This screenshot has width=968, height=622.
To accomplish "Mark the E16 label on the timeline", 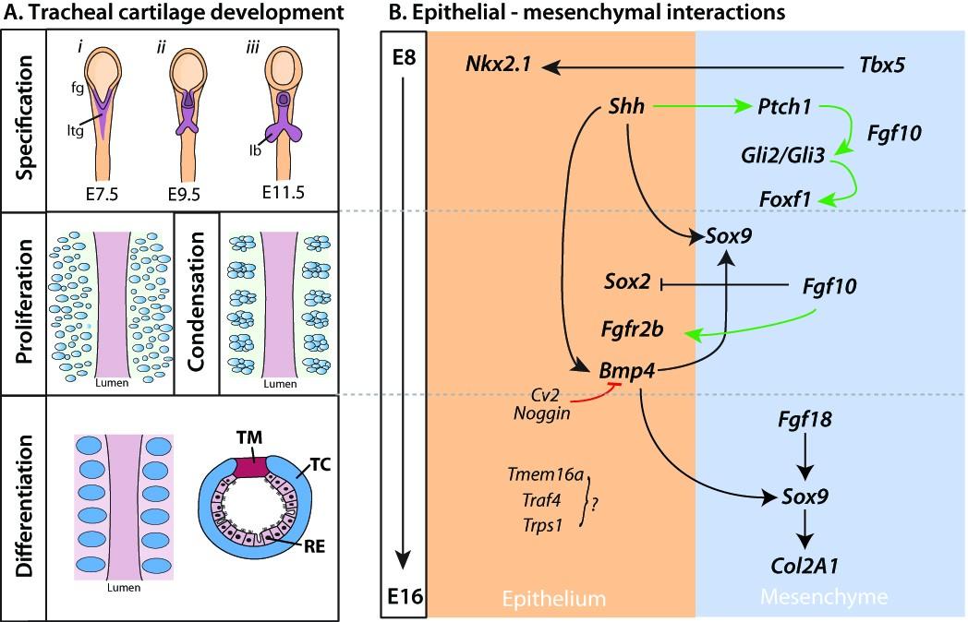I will click(403, 598).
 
